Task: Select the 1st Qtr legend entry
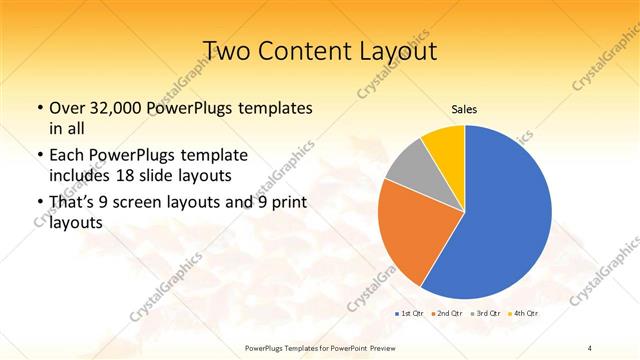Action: coord(410,313)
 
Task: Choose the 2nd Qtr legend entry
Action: coord(448,313)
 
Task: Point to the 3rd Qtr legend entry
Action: coord(487,313)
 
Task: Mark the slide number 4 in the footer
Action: coord(590,347)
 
